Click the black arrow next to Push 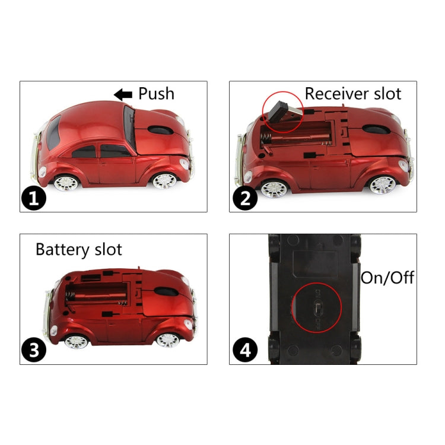pyautogui.click(x=123, y=94)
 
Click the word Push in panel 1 pyautogui.click(x=157, y=94)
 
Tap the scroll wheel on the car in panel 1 pyautogui.click(x=156, y=129)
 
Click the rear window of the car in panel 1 pyautogui.click(x=53, y=132)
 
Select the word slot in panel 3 pyautogui.click(x=107, y=249)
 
